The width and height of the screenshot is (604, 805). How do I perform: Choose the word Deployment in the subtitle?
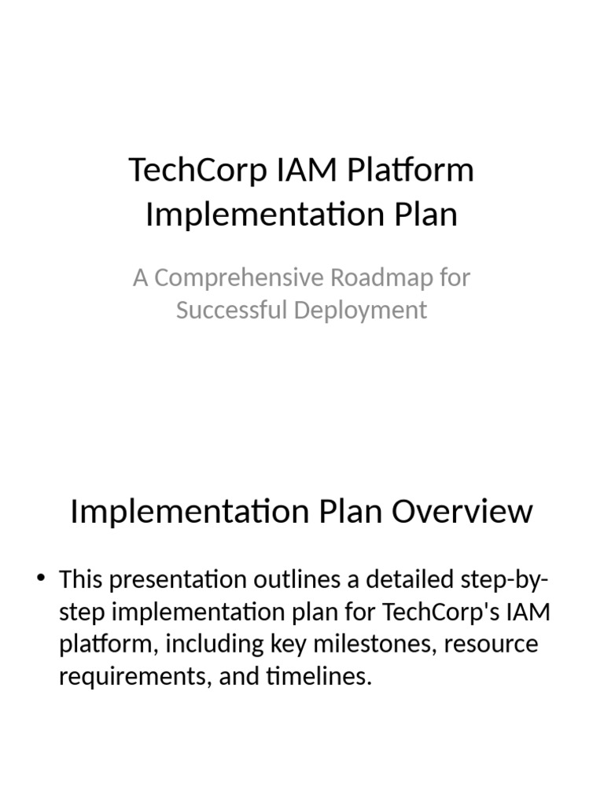(361, 310)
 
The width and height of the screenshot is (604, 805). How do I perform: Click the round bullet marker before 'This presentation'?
(42, 580)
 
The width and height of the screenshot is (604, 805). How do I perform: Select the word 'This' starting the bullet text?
(81, 580)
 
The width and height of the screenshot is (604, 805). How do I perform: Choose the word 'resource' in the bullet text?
(492, 644)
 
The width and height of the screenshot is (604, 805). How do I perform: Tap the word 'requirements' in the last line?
(129, 676)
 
